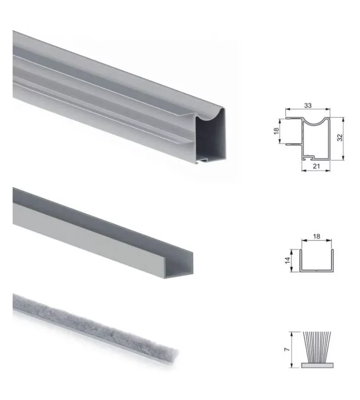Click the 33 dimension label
[x=308, y=105]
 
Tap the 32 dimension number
[x=340, y=137]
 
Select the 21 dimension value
[x=316, y=166]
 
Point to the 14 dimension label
[x=288, y=261]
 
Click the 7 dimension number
[x=287, y=349]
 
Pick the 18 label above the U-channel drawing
[x=317, y=236]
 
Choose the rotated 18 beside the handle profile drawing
[x=276, y=131]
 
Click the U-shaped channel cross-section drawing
[x=317, y=271]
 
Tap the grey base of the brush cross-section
[x=317, y=365]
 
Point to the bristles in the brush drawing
[x=317, y=347]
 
